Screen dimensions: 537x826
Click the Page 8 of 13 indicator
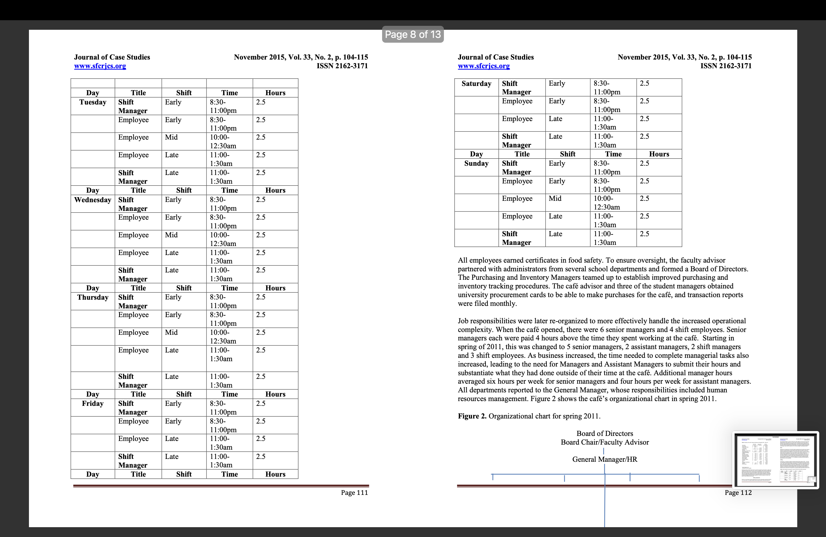(413, 34)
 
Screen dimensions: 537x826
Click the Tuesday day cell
(93, 102)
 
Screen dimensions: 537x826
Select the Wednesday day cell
(93, 200)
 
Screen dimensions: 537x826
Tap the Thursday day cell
(93, 297)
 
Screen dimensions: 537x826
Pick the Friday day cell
(93, 403)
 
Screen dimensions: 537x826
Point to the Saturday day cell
(476, 84)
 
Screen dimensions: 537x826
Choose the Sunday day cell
(476, 163)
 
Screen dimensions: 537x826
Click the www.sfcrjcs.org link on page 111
(100, 66)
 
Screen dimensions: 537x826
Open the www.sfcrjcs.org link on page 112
(484, 66)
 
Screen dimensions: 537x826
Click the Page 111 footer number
(354, 493)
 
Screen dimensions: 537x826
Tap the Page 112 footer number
(738, 493)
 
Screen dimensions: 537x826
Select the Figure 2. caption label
(472, 416)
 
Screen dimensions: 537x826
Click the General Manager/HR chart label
(605, 459)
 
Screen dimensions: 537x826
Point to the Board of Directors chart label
(605, 433)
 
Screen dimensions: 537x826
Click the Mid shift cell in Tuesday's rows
(171, 137)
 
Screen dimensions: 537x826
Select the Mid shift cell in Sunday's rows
(555, 199)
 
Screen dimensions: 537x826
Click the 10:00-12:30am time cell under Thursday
(223, 336)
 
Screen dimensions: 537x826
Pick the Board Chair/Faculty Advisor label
(605, 442)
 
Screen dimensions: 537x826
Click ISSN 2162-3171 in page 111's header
(342, 66)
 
